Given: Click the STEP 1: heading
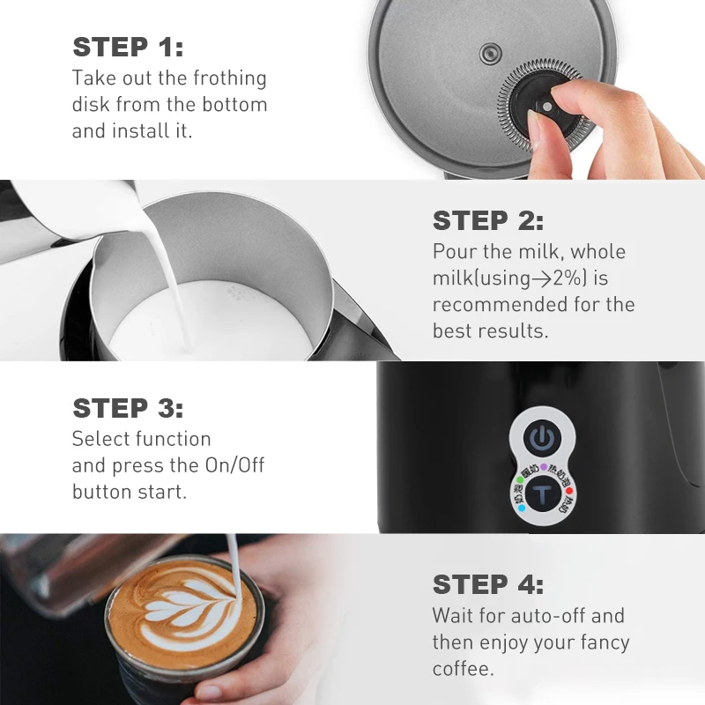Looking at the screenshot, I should (128, 47).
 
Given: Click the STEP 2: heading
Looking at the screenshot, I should (487, 220).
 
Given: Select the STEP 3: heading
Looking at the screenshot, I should (128, 409).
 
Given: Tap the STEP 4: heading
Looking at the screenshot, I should (487, 584).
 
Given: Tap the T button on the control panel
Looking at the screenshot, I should (542, 494).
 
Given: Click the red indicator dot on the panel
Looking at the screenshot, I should (569, 491).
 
